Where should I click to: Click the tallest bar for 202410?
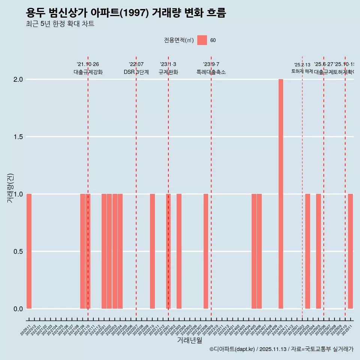280,194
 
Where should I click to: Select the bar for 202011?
29,251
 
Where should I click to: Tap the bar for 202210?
152,251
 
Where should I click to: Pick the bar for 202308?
206,251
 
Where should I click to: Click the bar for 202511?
350,251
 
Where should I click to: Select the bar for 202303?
179,251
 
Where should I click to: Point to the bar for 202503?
307,251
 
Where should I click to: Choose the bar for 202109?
82,251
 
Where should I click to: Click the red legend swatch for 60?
202,40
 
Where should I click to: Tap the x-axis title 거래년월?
189,340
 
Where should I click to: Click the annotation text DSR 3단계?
136,72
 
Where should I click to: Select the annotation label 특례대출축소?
211,72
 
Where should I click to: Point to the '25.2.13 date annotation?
302,65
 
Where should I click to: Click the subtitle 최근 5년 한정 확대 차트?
60,24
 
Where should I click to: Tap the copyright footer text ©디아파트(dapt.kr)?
232,349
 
